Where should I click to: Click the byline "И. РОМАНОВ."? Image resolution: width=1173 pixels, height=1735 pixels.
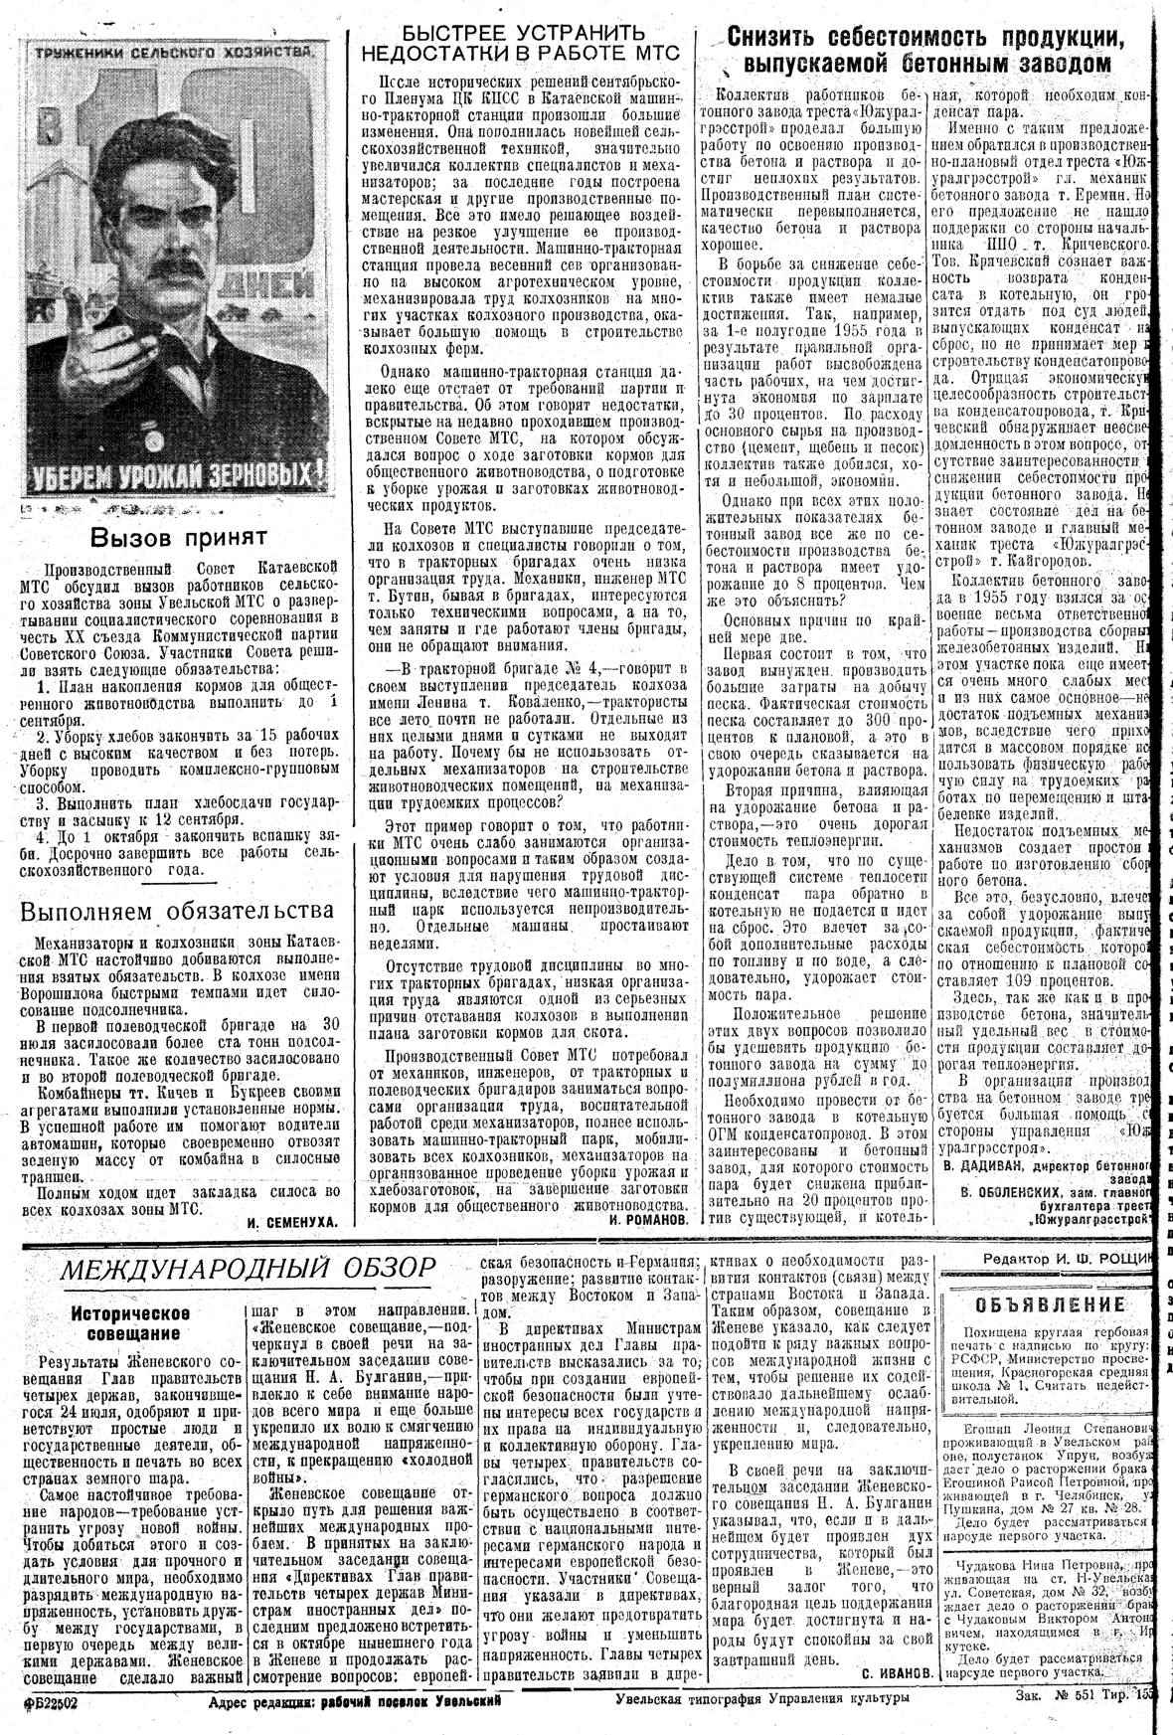[650, 1218]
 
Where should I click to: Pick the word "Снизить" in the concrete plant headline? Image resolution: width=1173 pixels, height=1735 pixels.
[785, 39]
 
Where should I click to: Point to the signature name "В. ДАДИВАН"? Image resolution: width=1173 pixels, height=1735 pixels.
[984, 1162]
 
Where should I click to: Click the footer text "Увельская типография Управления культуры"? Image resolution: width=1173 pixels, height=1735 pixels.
[761, 1699]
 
